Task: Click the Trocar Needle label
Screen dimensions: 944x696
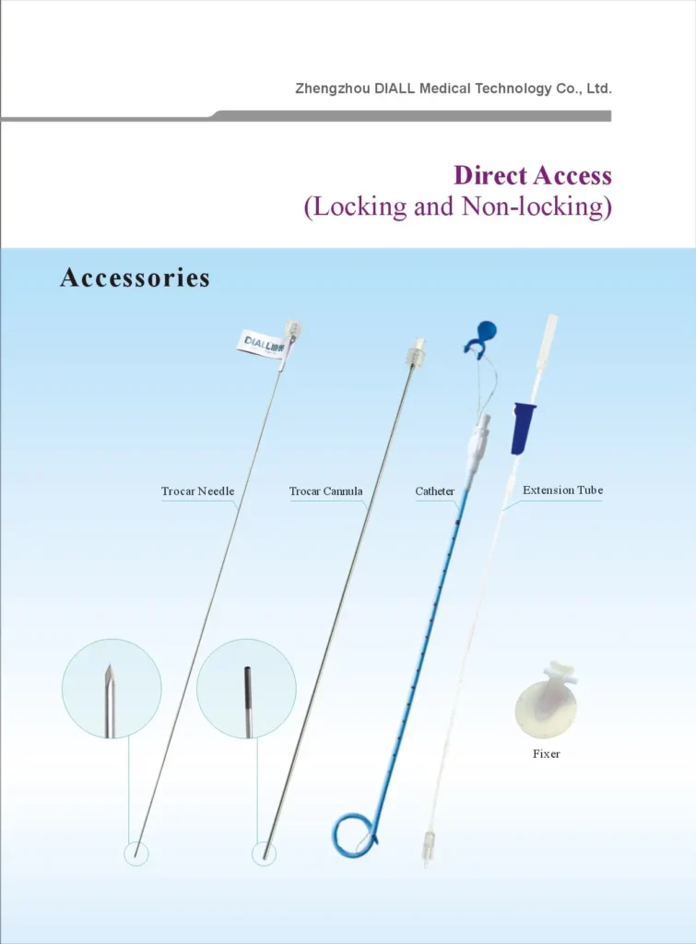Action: tap(197, 491)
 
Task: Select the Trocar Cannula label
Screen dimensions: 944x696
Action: tap(325, 491)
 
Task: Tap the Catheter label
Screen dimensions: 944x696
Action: tap(434, 491)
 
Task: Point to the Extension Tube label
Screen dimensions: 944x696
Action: tap(562, 490)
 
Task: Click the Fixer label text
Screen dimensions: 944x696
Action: tap(546, 754)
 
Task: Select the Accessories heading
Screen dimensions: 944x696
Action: tap(135, 277)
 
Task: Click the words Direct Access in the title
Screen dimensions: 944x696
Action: tap(532, 175)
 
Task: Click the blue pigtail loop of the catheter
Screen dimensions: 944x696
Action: tap(354, 833)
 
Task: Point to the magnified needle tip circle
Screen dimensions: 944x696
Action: tap(112, 689)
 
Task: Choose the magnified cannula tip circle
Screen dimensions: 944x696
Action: tap(246, 689)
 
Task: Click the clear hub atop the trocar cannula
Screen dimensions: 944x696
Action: tap(411, 352)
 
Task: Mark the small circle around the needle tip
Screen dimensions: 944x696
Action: tap(136, 854)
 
